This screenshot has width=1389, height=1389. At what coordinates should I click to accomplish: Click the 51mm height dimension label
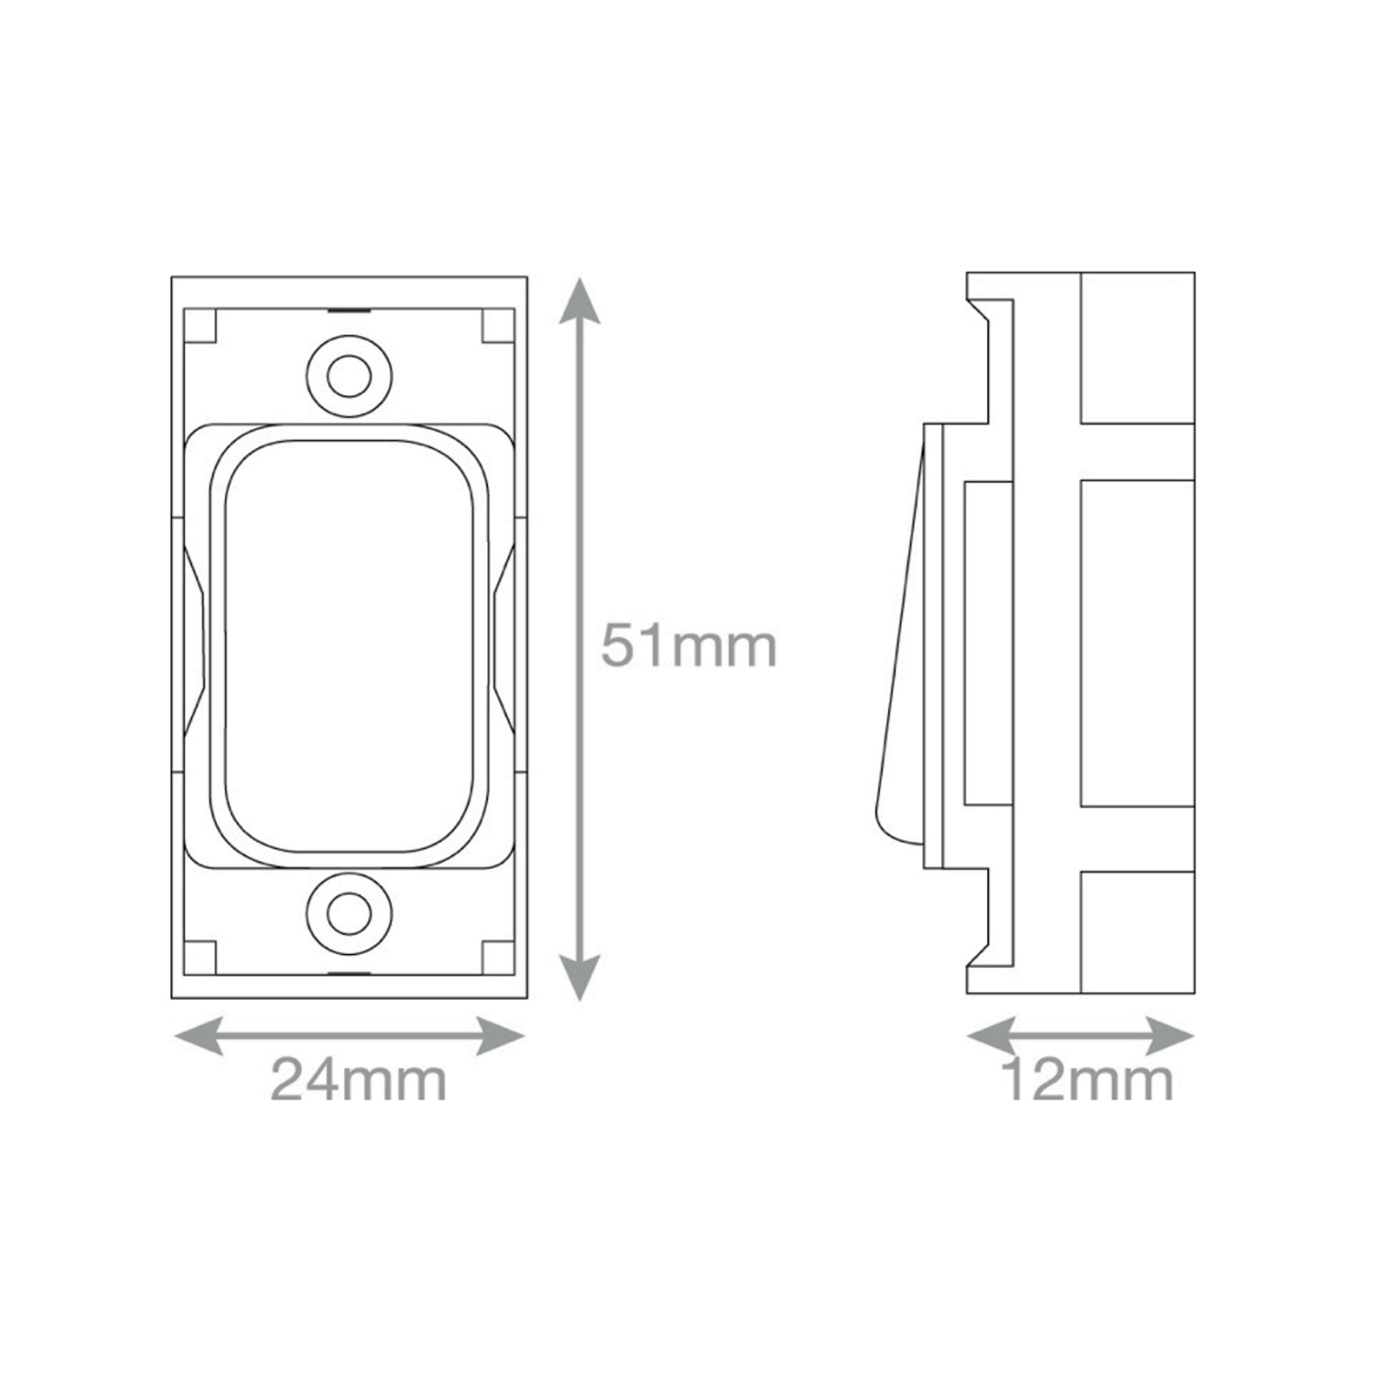pyautogui.click(x=688, y=646)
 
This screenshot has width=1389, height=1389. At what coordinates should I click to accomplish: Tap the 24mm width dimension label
pyautogui.click(x=359, y=1080)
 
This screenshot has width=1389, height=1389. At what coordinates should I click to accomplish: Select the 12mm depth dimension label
pyautogui.click(x=1087, y=1080)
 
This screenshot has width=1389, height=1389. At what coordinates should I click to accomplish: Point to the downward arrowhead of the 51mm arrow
pyautogui.click(x=579, y=978)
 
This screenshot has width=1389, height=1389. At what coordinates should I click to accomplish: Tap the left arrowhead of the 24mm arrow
pyautogui.click(x=198, y=1036)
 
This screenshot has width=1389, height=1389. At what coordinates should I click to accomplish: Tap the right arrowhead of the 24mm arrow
pyautogui.click(x=501, y=1036)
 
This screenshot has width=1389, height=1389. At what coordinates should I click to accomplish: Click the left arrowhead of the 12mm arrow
pyautogui.click(x=991, y=1036)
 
